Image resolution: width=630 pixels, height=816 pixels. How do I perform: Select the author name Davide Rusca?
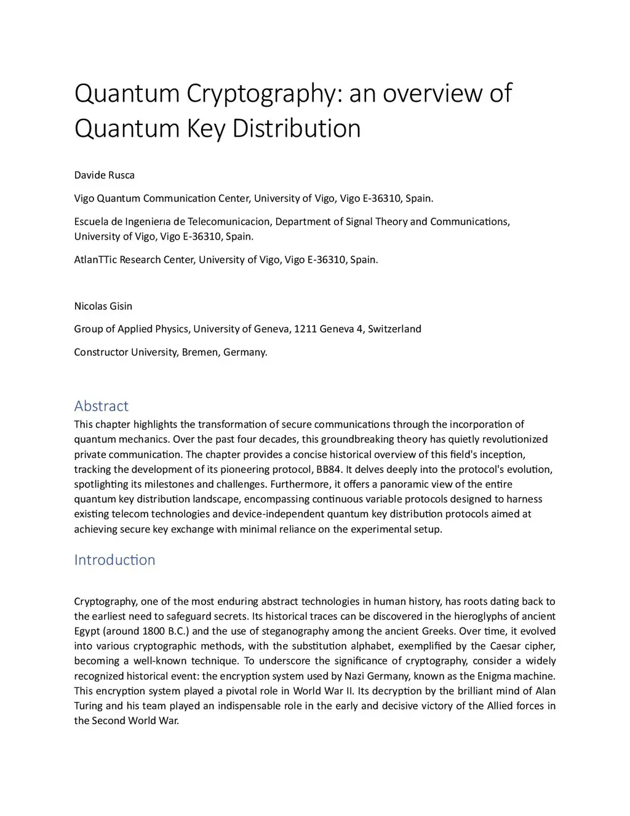104,175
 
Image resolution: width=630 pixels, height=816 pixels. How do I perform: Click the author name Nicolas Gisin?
103,306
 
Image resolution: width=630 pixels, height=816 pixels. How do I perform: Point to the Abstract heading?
101,406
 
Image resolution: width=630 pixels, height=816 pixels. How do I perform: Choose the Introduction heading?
114,560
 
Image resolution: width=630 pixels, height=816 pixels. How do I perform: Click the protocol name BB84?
329,469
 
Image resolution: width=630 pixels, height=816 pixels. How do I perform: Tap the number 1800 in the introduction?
153,631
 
